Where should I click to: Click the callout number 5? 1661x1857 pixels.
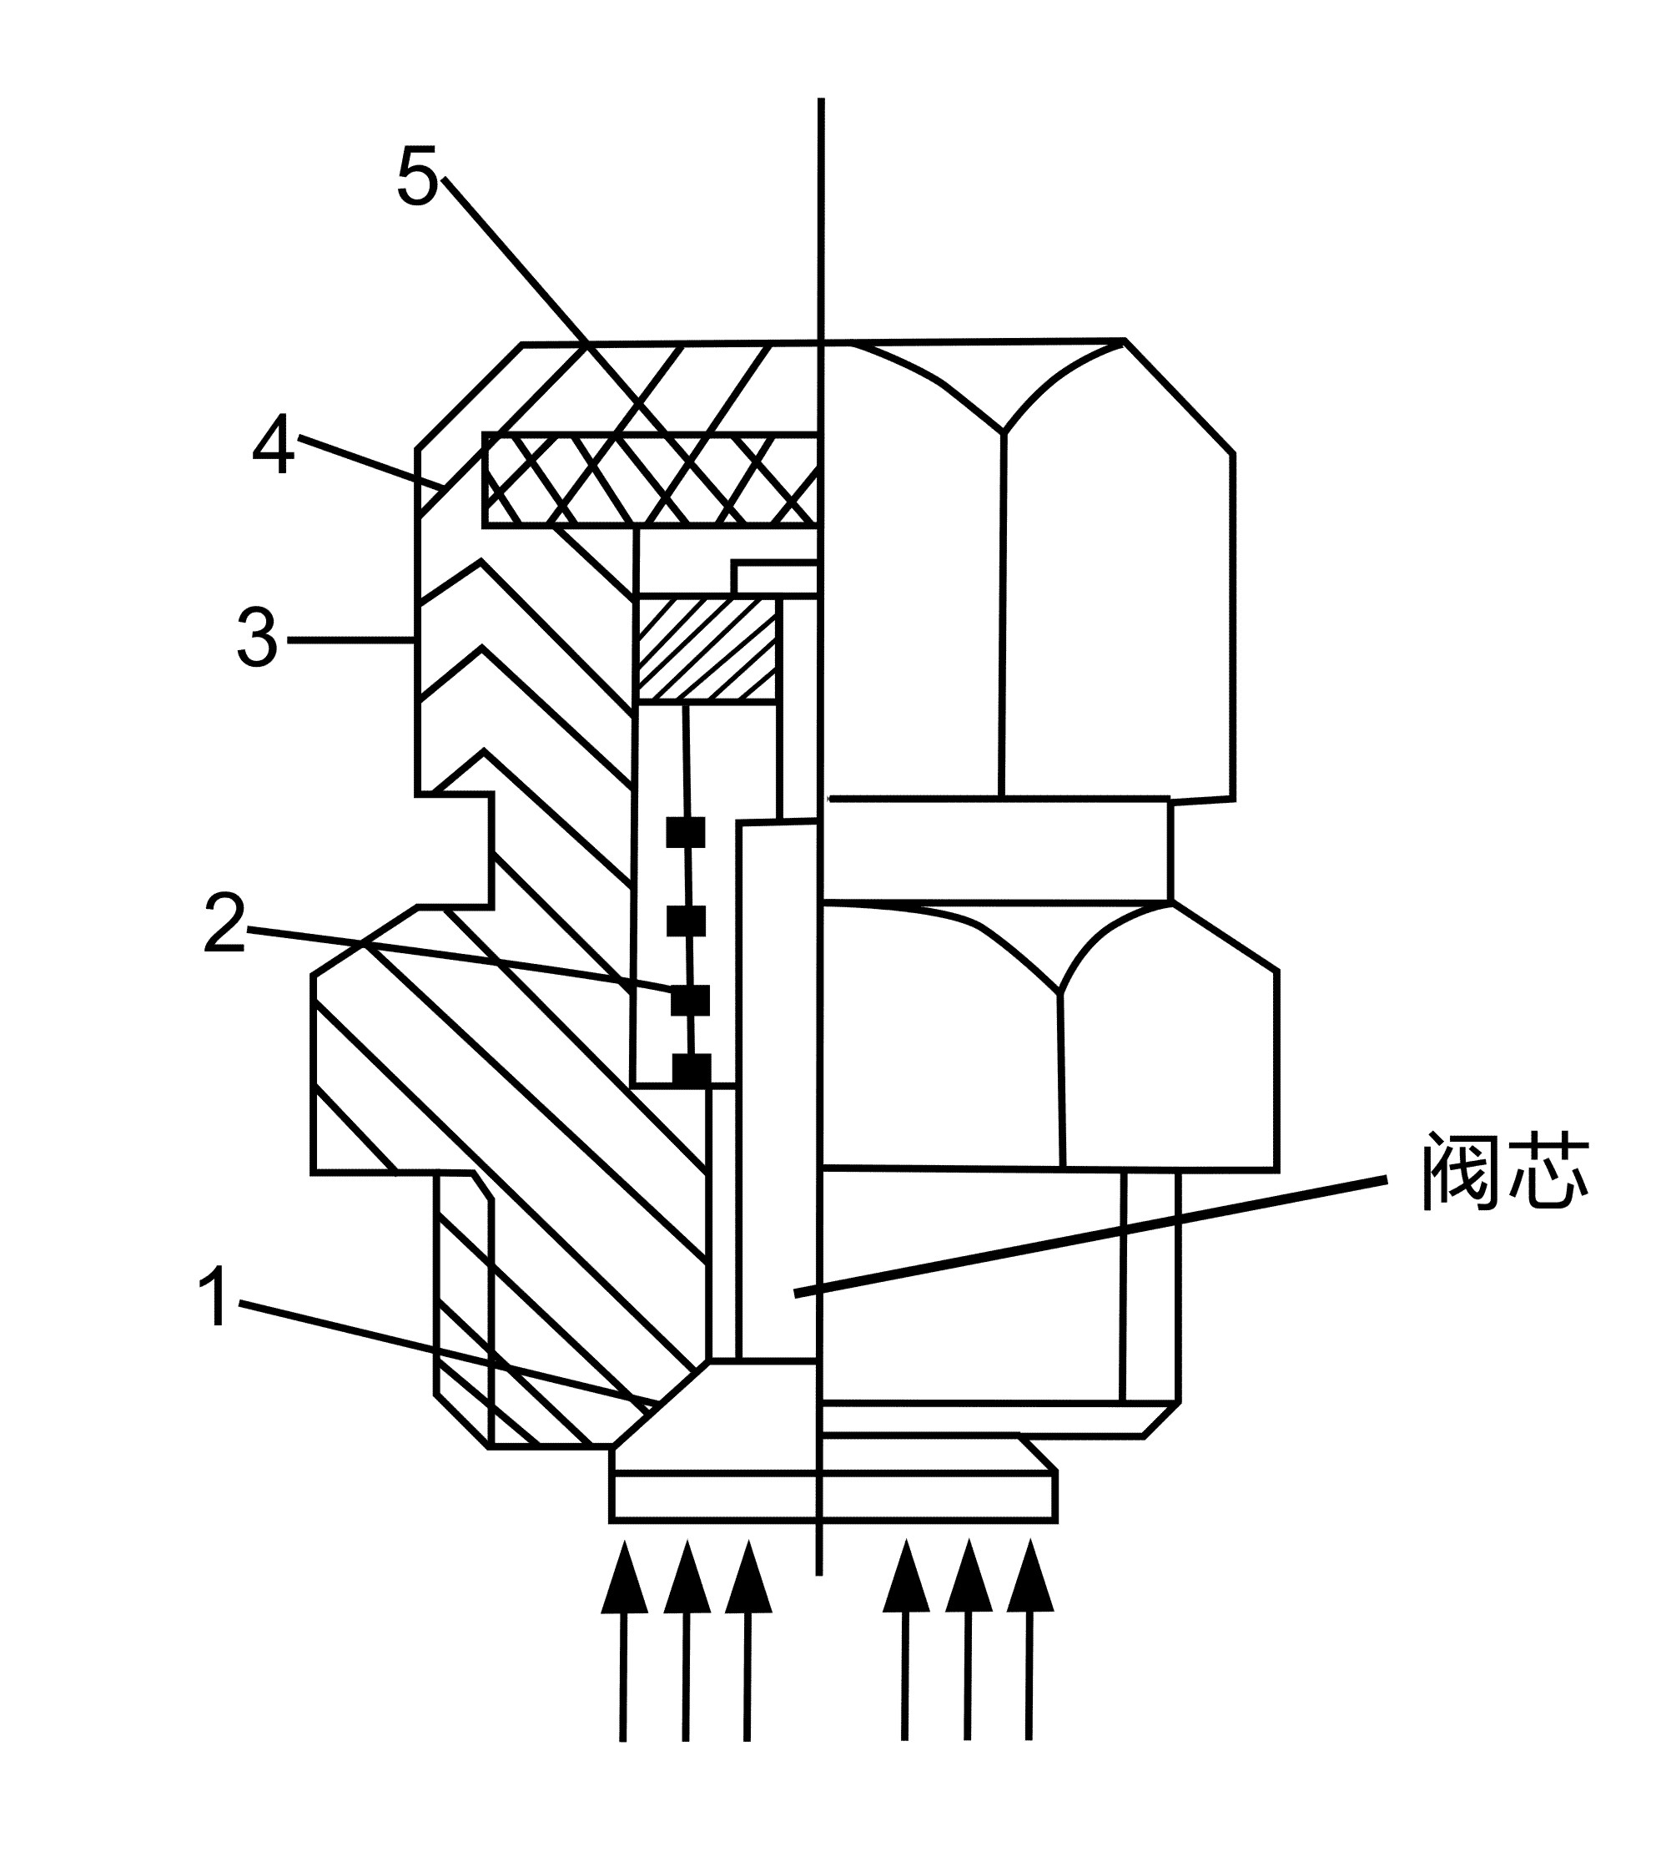click(x=417, y=175)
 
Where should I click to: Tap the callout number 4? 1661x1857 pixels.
click(x=273, y=445)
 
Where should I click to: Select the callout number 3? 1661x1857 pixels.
click(x=256, y=639)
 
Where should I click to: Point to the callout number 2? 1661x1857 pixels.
click(x=224, y=924)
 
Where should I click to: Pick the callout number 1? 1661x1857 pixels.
click(x=215, y=1296)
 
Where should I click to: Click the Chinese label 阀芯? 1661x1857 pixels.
click(x=1506, y=1173)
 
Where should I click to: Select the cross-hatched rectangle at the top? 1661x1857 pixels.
click(x=650, y=478)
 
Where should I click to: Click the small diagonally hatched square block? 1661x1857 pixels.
click(x=707, y=650)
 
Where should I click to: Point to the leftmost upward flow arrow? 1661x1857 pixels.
click(x=624, y=1639)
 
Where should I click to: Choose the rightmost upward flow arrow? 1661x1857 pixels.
click(x=1030, y=1639)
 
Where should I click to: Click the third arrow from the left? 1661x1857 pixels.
click(x=748, y=1639)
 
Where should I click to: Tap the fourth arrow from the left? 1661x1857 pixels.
click(x=906, y=1639)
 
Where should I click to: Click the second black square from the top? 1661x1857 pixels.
click(x=687, y=921)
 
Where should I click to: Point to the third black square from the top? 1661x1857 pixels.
click(x=690, y=1000)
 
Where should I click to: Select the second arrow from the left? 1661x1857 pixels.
click(x=687, y=1639)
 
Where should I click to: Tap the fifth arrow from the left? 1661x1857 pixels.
click(x=969, y=1639)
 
